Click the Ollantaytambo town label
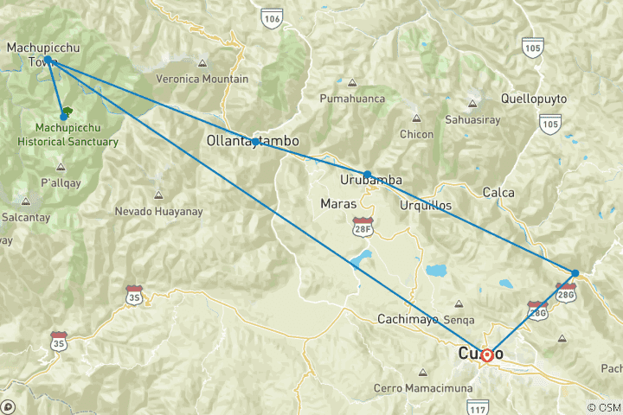[x=253, y=141]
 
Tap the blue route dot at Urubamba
[x=368, y=175]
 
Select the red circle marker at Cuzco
[x=487, y=354]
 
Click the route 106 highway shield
[x=272, y=17]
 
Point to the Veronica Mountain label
[x=202, y=79]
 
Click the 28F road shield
[x=363, y=227]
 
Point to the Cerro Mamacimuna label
[x=422, y=388]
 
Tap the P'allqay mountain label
[x=61, y=183]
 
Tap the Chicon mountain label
[x=416, y=134]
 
